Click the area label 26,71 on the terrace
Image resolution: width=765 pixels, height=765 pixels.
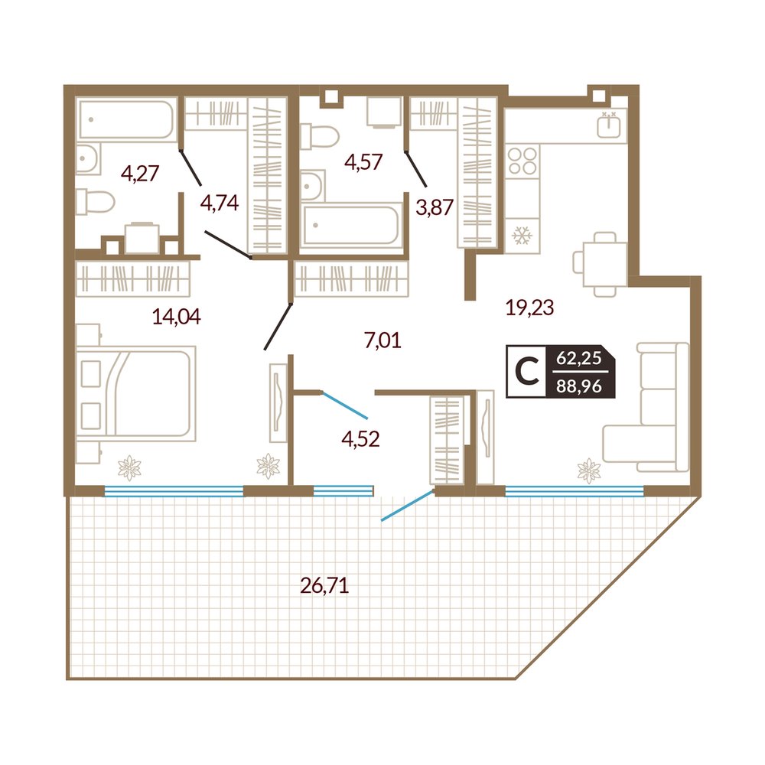pos(324,585)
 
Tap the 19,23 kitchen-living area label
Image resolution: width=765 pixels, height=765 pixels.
pos(529,308)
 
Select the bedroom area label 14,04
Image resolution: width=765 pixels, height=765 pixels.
pos(176,317)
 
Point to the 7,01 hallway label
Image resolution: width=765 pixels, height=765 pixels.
pos(382,340)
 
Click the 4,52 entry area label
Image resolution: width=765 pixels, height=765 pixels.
pos(360,439)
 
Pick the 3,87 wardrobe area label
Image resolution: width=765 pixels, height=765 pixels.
pos(435,207)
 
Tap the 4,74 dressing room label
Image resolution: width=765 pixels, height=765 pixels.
pos(220,203)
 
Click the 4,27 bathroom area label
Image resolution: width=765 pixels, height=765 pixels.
pos(140,173)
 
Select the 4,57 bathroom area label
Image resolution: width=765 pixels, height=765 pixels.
pos(363,161)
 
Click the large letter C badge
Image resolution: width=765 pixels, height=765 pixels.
pos(526,372)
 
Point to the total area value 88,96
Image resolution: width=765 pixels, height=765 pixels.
pos(579,386)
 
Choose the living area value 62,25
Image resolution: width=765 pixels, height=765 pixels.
pos(579,358)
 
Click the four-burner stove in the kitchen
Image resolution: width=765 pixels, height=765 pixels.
pos(522,161)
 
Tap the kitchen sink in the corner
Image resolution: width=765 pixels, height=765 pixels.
pos(609,125)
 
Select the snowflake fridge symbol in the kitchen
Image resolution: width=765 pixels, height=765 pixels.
pos(522,236)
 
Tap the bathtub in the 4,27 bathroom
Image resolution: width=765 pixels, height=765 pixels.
pos(126,120)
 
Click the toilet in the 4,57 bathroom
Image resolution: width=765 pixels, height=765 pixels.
pos(320,136)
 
